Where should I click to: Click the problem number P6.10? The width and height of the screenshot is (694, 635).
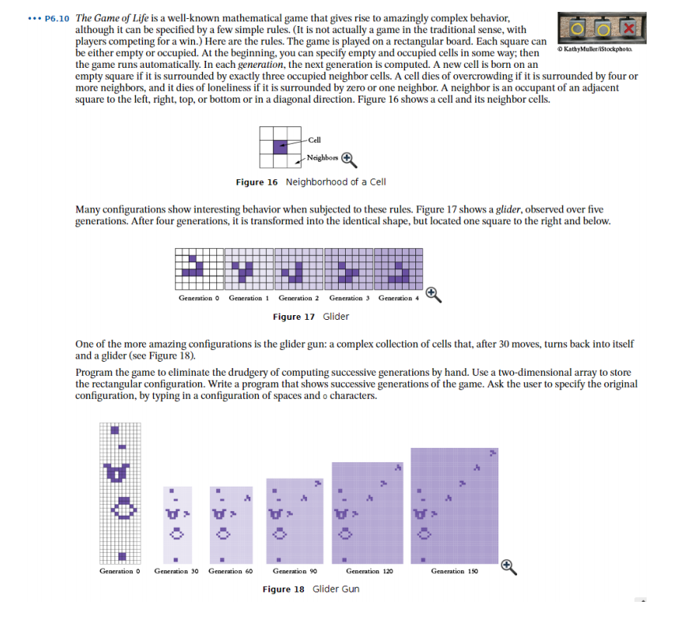pyautogui.click(x=58, y=17)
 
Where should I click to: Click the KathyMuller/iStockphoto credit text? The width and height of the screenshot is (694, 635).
pyautogui.click(x=595, y=50)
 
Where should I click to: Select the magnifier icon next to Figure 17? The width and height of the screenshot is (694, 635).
pyautogui.click(x=431, y=295)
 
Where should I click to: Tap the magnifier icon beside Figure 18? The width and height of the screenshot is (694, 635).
pyautogui.click(x=508, y=565)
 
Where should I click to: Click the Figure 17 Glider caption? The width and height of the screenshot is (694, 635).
pyautogui.click(x=310, y=317)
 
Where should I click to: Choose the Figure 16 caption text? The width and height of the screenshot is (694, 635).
pyautogui.click(x=310, y=182)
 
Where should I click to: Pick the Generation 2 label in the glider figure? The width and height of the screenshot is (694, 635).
pyautogui.click(x=298, y=299)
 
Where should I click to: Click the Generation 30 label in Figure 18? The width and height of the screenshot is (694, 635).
pyautogui.click(x=175, y=570)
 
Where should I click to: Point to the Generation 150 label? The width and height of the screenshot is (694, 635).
pyautogui.click(x=454, y=570)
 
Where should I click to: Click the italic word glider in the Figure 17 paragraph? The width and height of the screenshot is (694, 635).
pyautogui.click(x=507, y=209)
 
